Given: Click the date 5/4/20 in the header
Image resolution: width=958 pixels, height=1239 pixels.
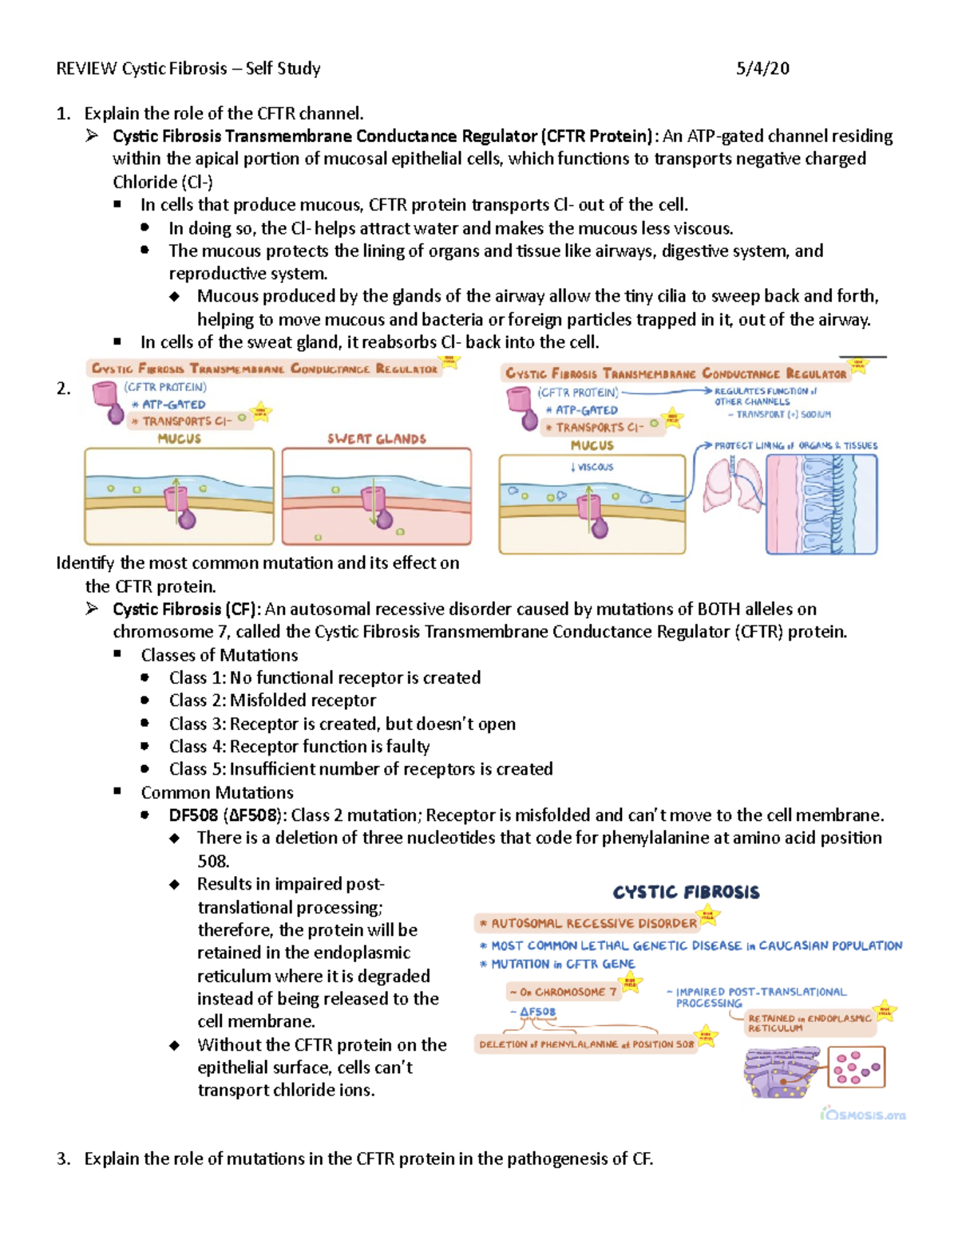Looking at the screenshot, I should [x=762, y=69].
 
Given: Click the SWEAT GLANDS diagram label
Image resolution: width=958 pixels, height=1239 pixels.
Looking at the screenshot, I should [x=377, y=439].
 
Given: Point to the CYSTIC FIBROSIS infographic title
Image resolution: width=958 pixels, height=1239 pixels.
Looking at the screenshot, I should [x=686, y=892].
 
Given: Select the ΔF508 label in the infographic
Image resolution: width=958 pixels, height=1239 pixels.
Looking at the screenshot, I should [x=537, y=1012].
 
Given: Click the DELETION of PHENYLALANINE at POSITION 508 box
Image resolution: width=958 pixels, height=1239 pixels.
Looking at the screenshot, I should [x=587, y=1044].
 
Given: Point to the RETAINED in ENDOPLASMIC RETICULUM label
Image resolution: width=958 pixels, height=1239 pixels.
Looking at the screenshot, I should [x=808, y=1023].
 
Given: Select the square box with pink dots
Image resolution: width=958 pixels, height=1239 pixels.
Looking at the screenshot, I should [x=856, y=1067].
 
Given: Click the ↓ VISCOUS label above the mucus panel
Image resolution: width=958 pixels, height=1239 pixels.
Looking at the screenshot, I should [x=592, y=467].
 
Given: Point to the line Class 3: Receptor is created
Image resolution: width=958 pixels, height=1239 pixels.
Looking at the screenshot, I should [x=342, y=724].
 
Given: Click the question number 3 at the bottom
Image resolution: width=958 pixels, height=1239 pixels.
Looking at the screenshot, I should [x=63, y=1158].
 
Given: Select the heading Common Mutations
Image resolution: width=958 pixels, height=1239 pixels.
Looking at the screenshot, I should [x=217, y=792].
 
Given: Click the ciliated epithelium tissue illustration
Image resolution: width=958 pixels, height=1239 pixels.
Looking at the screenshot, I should [x=821, y=504].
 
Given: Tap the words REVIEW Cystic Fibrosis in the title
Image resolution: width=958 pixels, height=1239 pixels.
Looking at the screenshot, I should [x=141, y=69].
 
